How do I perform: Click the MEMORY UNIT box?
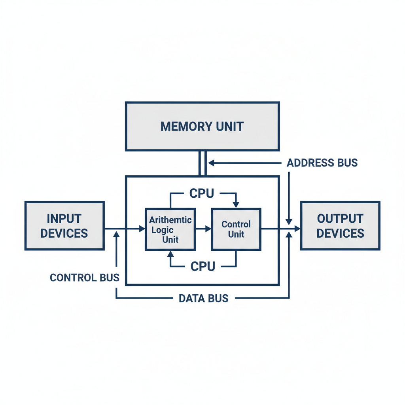[x=202, y=126]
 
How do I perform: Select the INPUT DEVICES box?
[x=64, y=226]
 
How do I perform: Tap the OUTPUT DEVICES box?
[x=340, y=226]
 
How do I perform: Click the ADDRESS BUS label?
[x=322, y=163]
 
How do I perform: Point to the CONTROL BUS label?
[x=85, y=277]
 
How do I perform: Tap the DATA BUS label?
[x=203, y=298]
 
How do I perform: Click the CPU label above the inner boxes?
[x=202, y=193]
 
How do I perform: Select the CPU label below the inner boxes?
[x=202, y=266]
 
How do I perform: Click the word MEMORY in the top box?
[x=180, y=127]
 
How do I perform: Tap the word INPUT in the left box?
[x=64, y=218]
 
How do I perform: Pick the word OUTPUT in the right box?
[x=340, y=218]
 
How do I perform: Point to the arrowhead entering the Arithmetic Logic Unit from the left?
[x=142, y=229]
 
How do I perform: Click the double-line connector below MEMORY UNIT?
[x=202, y=163]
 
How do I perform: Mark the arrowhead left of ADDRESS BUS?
[x=211, y=163]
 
